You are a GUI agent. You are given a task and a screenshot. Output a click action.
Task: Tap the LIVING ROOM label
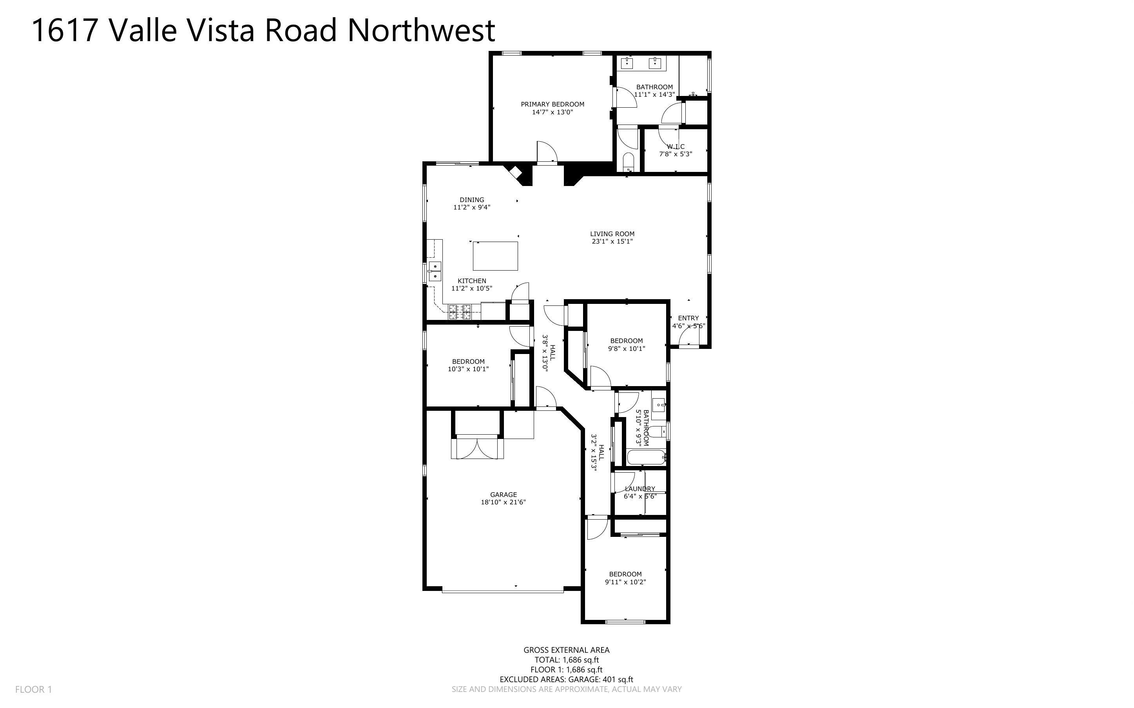coord(612,234)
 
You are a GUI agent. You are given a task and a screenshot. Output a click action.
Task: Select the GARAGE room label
coord(503,495)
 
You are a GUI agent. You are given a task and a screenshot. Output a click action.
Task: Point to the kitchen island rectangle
coord(495,256)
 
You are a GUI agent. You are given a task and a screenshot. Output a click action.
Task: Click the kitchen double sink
coord(107,272)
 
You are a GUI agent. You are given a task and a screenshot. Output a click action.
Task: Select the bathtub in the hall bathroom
coord(646,457)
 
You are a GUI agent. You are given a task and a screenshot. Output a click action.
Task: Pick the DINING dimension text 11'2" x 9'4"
coord(472,208)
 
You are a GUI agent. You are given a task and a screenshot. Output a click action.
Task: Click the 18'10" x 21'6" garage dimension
coord(503,502)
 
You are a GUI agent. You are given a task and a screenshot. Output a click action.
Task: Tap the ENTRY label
coord(688,318)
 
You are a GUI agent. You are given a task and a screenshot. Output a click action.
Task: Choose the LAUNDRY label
coord(639,489)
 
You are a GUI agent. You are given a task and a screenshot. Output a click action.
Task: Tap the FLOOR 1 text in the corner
coord(33,689)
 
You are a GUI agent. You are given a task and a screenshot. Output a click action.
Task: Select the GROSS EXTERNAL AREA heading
coord(566,650)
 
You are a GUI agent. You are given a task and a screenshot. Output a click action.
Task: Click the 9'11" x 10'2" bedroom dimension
coord(625,582)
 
